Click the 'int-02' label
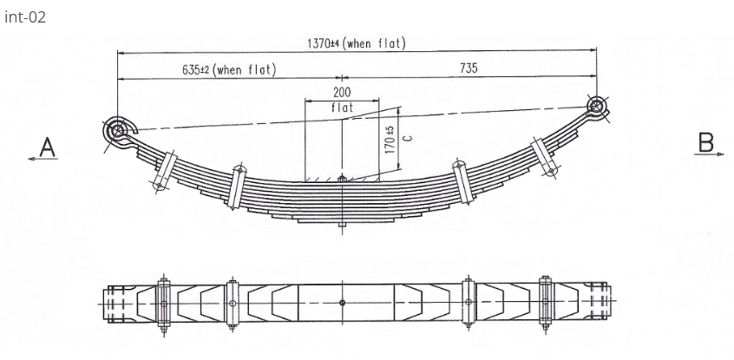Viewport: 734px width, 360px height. click(x=24, y=18)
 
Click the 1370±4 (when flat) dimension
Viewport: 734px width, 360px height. click(x=356, y=43)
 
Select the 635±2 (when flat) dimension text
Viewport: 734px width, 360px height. click(x=229, y=69)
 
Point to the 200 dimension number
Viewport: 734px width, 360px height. click(x=342, y=92)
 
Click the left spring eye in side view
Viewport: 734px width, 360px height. click(x=117, y=132)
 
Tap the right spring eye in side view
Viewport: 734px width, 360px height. click(x=596, y=107)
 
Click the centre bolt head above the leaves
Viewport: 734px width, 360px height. click(x=343, y=180)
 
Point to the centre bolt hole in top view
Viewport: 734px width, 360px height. click(x=343, y=303)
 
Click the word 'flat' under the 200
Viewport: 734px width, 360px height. click(x=343, y=108)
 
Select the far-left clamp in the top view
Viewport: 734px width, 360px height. click(x=163, y=303)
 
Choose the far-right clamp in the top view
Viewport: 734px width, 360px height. click(x=545, y=303)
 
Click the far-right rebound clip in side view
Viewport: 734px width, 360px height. click(x=545, y=160)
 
